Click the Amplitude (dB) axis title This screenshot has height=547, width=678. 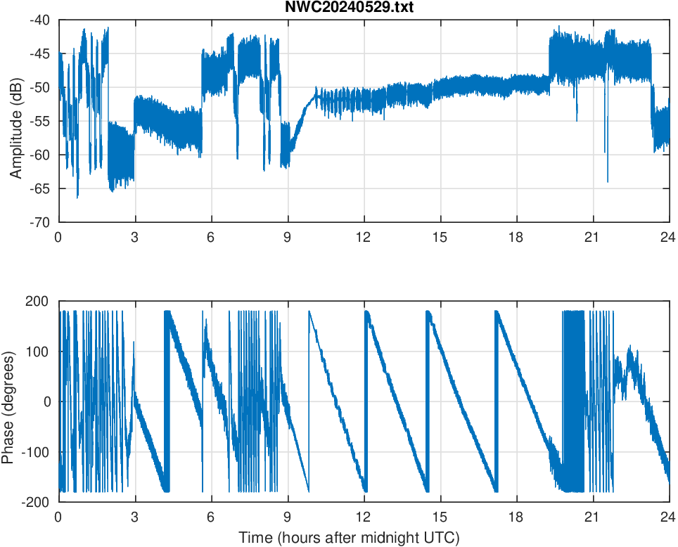tap(15, 121)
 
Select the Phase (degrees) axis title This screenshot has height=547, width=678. tap(8, 401)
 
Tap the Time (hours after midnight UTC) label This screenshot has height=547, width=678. tap(349, 538)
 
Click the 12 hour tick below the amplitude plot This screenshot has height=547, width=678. tap(364, 237)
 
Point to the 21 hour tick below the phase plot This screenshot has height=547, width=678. tap(593, 516)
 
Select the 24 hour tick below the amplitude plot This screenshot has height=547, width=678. tap(669, 237)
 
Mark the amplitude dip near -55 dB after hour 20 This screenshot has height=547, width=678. tap(577, 120)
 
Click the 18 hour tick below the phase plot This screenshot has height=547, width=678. tap(516, 516)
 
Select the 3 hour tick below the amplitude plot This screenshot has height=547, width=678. tap(134, 237)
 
